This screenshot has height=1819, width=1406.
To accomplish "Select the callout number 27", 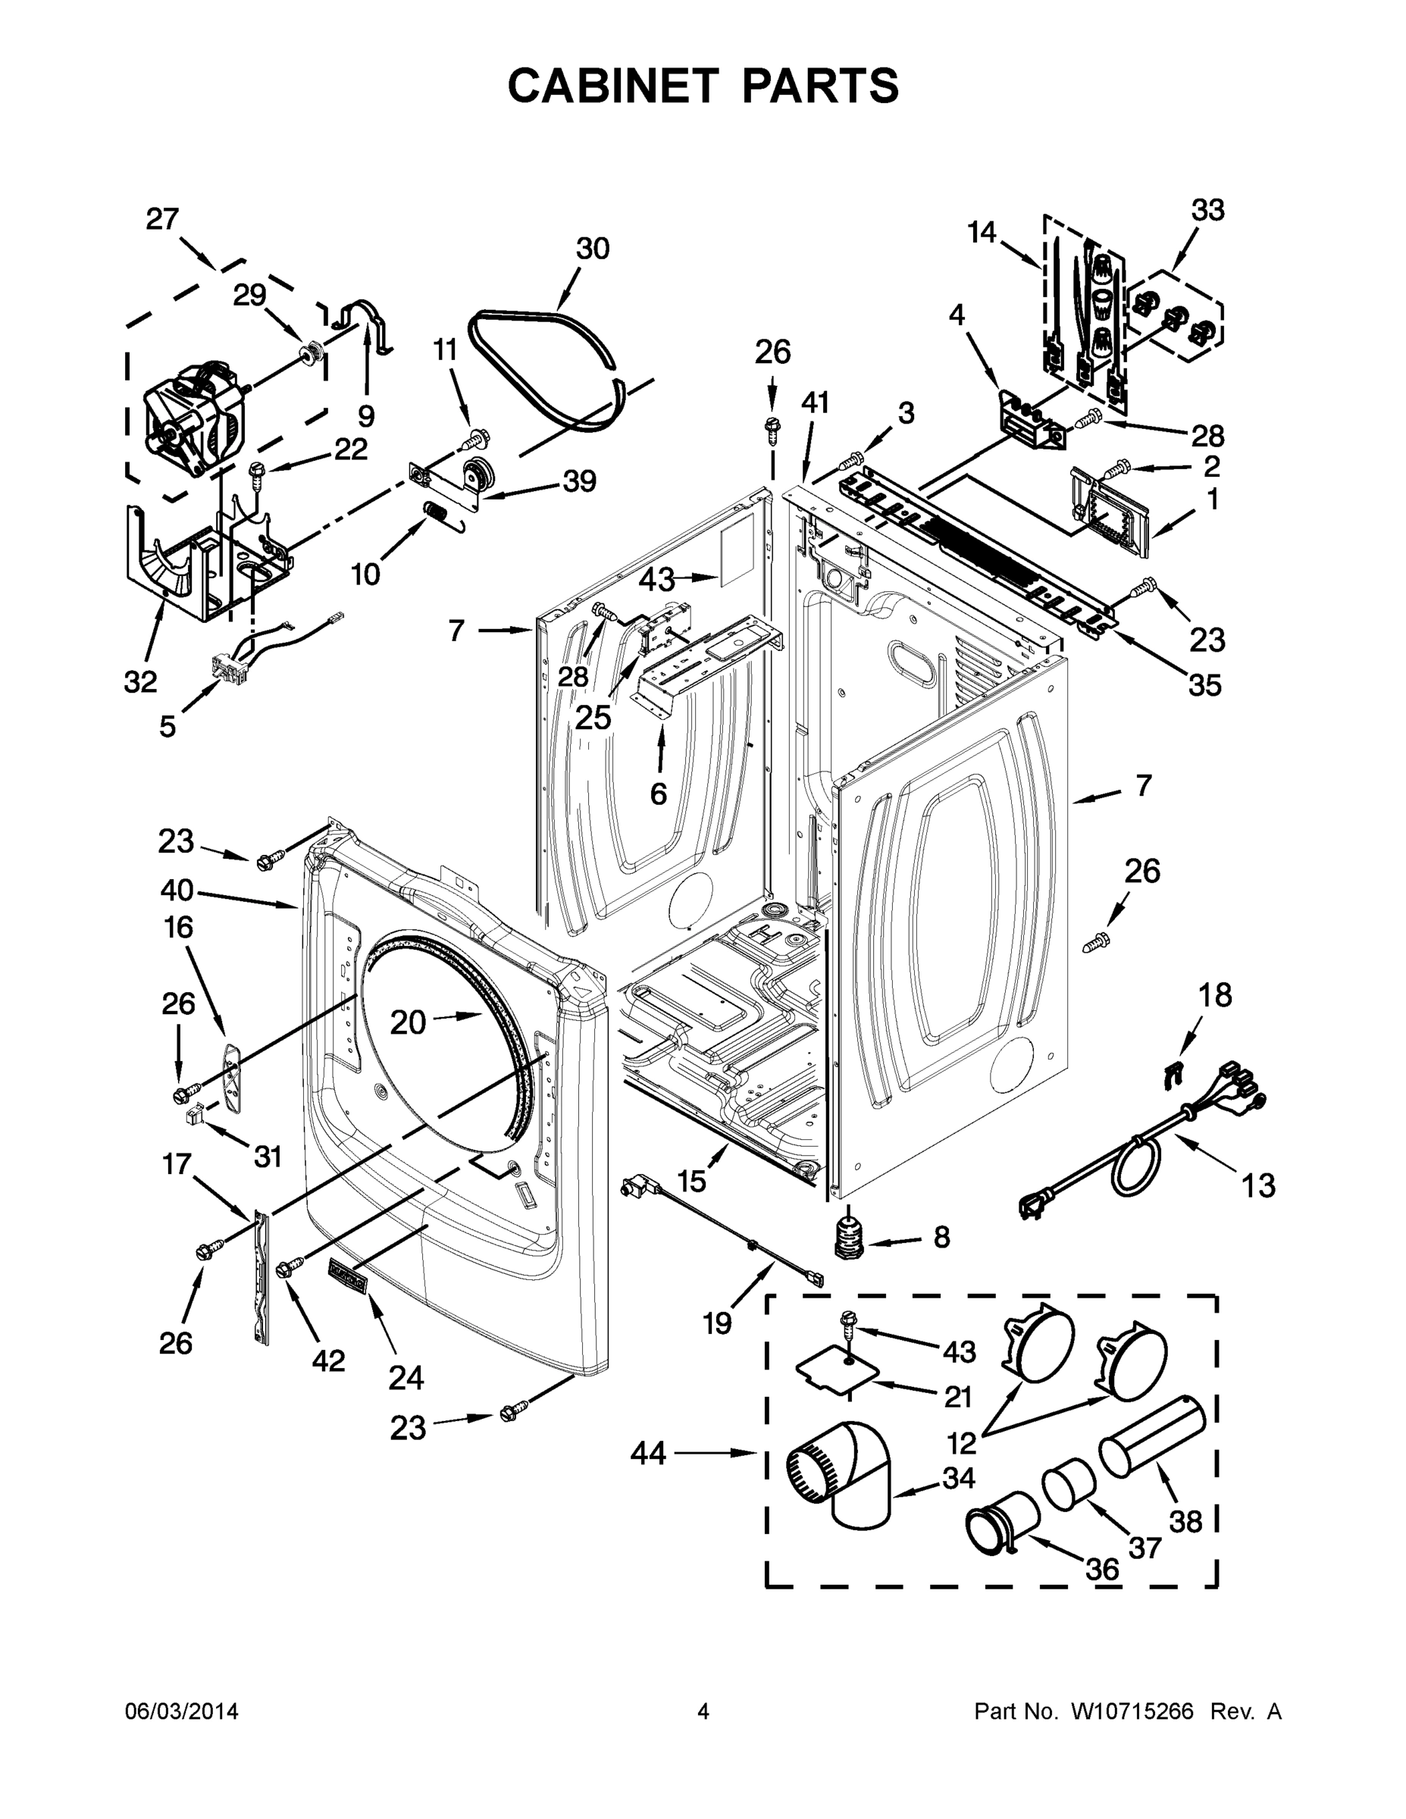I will click(x=162, y=219).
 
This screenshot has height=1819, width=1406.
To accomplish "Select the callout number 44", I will click(x=648, y=1454).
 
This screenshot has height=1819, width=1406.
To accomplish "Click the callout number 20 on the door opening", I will click(x=408, y=1022).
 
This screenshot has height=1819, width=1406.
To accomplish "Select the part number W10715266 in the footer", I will click(x=1131, y=1711).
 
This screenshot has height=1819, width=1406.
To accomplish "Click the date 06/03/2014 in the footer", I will click(x=182, y=1711).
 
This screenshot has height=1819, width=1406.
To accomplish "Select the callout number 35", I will click(x=1204, y=684).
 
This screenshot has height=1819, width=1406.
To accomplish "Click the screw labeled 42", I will click(x=289, y=1268).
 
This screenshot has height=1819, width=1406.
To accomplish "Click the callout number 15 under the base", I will click(x=691, y=1180).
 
